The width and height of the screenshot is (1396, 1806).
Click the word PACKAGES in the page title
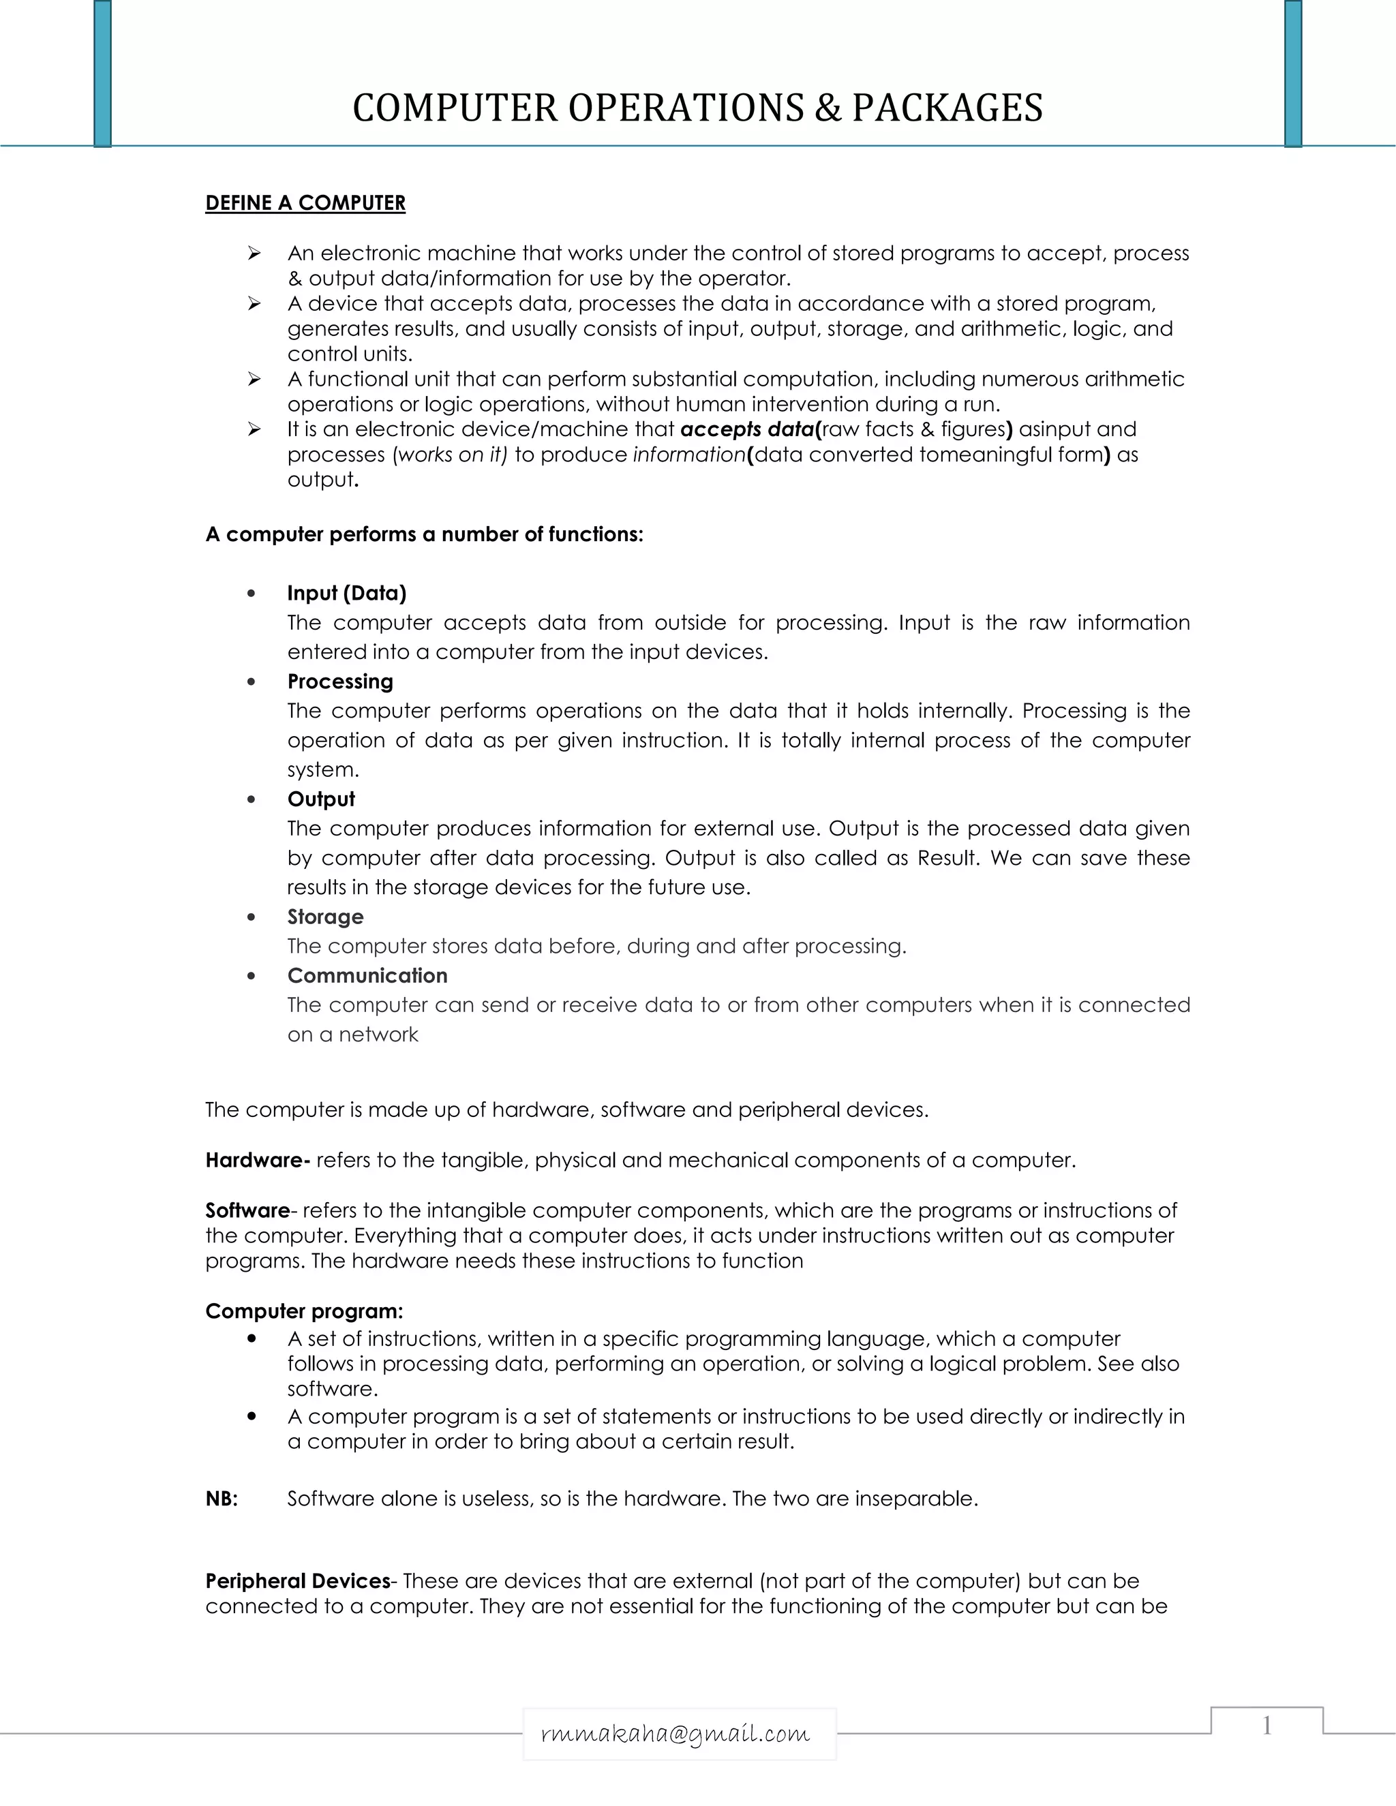coord(947,108)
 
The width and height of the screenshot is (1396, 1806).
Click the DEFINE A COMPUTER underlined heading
coord(305,203)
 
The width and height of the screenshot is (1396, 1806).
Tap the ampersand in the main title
coord(826,108)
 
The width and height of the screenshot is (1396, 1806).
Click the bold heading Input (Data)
coord(346,593)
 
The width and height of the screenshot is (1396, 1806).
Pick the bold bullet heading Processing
coord(340,682)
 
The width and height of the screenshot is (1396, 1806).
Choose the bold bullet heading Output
coord(321,799)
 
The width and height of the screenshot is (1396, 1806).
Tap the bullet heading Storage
coord(325,916)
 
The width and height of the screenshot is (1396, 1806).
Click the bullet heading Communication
coord(367,976)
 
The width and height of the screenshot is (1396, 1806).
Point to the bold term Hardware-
coord(257,1160)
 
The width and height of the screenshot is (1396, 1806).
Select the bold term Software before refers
coord(247,1210)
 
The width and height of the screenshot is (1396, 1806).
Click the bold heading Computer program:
coord(303,1311)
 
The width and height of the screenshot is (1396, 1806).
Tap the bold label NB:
coord(222,1499)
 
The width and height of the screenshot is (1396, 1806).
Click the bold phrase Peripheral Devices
coord(298,1581)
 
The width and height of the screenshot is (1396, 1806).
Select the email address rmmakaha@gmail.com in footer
coord(675,1733)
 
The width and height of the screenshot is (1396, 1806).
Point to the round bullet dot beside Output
coord(252,799)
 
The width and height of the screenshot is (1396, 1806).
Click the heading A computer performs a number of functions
coord(423,534)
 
